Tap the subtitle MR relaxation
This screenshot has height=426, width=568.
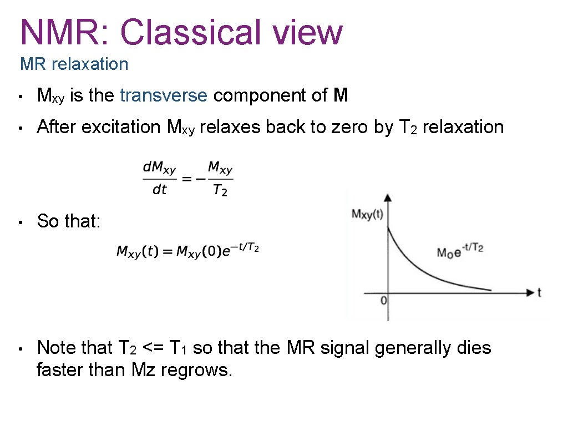74,64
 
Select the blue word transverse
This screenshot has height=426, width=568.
164,96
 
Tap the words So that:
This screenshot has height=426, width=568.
68,221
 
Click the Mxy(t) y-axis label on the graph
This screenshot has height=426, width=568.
367,215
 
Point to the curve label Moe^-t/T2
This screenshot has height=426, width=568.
460,251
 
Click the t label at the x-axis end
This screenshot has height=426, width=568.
539,292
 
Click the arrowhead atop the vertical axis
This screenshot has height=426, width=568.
388,197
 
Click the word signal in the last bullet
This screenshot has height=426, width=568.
342,348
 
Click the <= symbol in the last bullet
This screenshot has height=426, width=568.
152,348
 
